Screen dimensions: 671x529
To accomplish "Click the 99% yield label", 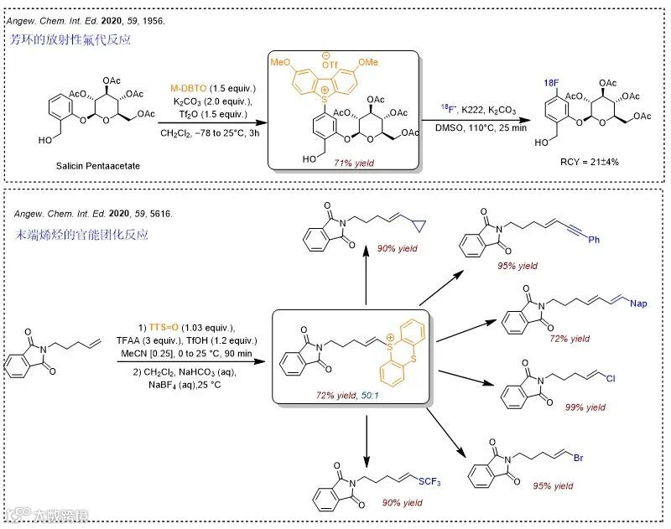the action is click(x=585, y=407).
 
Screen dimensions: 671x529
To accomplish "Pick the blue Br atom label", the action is click(x=578, y=459).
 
